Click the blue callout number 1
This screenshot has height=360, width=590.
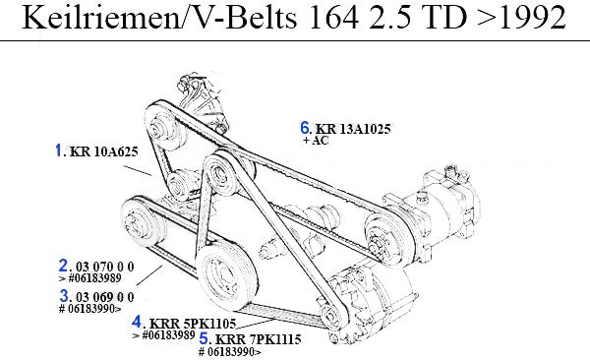click(58, 150)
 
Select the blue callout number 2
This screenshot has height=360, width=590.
click(63, 266)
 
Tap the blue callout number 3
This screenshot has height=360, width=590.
click(64, 296)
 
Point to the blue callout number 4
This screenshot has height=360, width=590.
click(137, 322)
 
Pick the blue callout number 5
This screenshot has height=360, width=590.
click(204, 338)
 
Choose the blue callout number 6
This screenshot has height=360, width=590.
click(305, 127)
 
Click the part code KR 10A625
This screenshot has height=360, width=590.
click(104, 151)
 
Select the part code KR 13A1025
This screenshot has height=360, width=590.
click(353, 129)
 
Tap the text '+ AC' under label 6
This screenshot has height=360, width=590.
click(316, 141)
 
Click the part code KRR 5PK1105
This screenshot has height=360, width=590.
click(193, 323)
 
